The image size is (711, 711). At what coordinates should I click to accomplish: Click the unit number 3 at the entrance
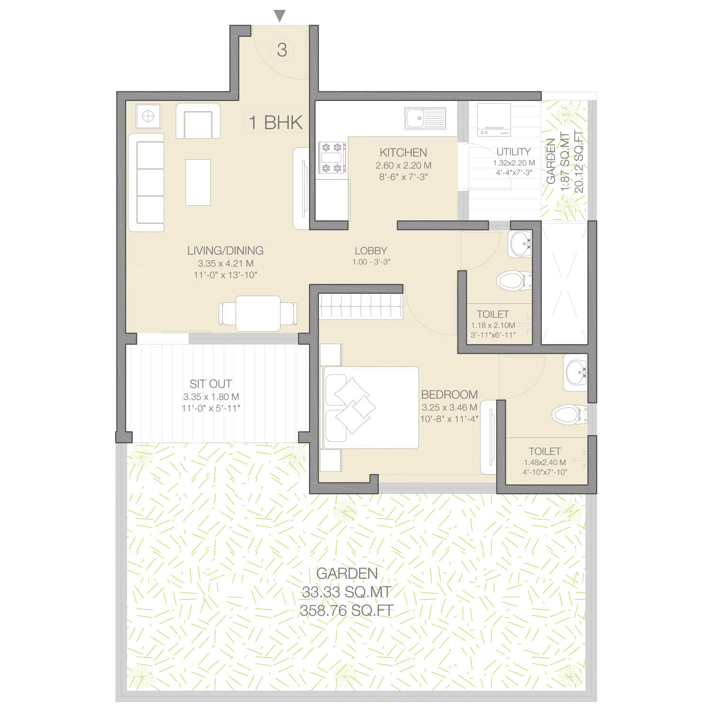(282, 50)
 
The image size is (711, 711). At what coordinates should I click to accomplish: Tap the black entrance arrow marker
(280, 16)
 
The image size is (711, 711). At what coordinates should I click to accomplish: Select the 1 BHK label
(275, 122)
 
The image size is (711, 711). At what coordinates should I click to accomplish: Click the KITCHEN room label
(403, 152)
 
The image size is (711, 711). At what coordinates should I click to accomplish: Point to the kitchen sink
(425, 118)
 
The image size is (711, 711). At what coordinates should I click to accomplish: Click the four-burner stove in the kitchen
(332, 158)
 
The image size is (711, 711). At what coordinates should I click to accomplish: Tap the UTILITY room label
(513, 152)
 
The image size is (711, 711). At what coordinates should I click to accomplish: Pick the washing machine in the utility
(494, 119)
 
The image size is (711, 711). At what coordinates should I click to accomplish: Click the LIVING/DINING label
(225, 250)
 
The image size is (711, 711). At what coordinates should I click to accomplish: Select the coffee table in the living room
(198, 182)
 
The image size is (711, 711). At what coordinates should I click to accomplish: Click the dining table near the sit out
(258, 313)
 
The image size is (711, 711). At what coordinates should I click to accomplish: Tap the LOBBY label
(371, 250)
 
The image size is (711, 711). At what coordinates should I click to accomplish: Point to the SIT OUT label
(210, 383)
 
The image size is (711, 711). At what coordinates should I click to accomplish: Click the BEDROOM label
(449, 394)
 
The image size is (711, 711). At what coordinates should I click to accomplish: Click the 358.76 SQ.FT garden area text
(347, 611)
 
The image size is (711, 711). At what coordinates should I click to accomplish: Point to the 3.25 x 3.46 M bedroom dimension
(449, 407)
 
